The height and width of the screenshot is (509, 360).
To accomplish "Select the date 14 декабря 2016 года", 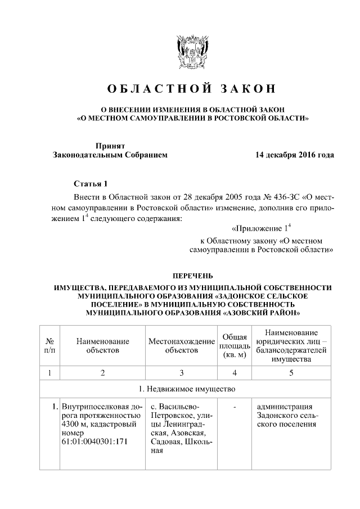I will [x=295, y=155].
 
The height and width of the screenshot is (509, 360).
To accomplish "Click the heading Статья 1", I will [x=90, y=184].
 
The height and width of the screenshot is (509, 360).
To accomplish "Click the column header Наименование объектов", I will [x=103, y=345].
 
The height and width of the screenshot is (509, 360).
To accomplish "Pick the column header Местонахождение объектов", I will [x=182, y=345].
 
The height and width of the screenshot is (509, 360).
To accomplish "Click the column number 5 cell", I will [x=291, y=372].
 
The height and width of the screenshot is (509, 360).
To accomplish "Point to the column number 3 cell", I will [x=182, y=372].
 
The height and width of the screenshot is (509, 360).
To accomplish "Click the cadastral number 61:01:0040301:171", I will [x=96, y=441].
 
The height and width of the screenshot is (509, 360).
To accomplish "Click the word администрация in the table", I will [x=284, y=406].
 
